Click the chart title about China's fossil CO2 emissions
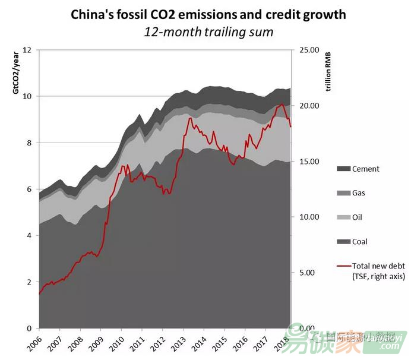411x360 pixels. point(208,14)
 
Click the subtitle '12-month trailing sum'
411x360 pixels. point(208,31)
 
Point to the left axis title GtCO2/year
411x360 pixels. point(17,74)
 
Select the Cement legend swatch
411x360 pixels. point(343,169)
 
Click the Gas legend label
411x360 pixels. point(359,193)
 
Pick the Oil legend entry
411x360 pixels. point(358,217)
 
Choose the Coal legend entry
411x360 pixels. point(360,242)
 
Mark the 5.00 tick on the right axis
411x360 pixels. point(309,273)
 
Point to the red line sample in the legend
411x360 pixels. point(343,266)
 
